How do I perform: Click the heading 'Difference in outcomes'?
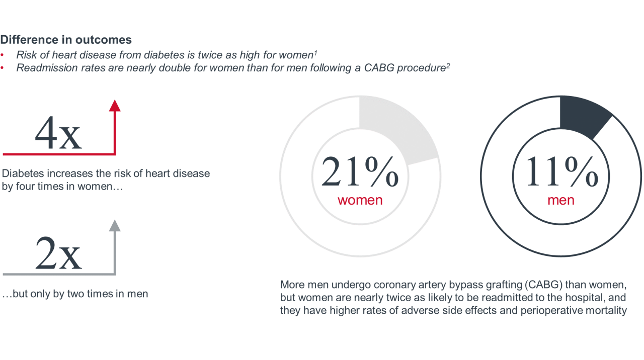point(66,40)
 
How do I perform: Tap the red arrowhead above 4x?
point(115,106)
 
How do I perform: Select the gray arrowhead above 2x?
point(115,226)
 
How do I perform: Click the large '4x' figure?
point(58,133)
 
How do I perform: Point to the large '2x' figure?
point(58,253)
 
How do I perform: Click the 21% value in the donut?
point(360,171)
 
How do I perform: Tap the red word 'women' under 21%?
point(360,200)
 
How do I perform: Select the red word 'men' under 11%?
point(561,200)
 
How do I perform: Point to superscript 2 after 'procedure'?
point(448,65)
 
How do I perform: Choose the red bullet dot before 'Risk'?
point(2,55)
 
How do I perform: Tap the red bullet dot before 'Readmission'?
point(2,68)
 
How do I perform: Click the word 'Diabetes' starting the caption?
point(23,173)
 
